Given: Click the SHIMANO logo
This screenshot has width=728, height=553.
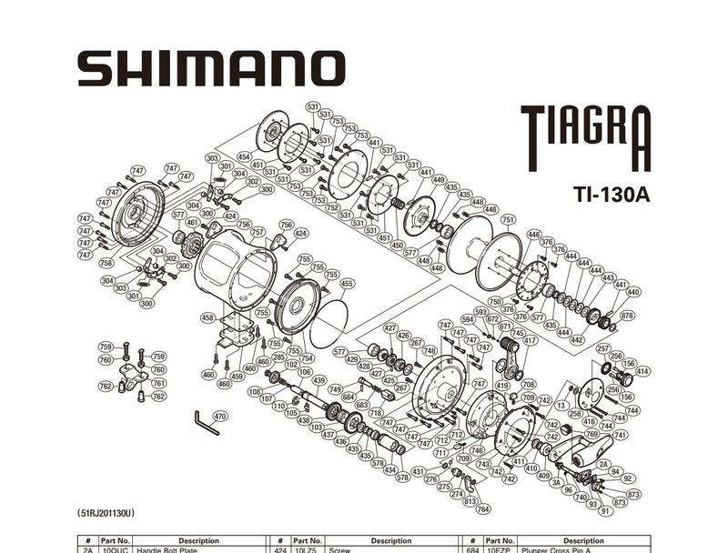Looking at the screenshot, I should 211,68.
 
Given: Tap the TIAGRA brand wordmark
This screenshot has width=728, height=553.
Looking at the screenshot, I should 586,136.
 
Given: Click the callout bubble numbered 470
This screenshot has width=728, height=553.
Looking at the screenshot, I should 219,417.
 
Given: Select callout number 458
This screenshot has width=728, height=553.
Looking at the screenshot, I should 207,318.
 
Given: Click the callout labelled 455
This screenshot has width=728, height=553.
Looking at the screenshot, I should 346,284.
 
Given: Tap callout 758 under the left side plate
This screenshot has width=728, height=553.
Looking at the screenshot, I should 106,264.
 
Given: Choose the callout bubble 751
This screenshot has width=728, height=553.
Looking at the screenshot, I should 508,219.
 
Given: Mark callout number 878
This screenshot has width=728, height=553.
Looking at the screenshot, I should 627,316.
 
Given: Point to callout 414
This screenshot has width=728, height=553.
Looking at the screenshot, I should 642,371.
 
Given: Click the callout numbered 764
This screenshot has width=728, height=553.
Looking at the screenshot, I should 482,508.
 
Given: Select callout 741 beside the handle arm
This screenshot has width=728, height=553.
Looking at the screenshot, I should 621,436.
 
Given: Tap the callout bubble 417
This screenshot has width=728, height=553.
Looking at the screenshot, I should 531,340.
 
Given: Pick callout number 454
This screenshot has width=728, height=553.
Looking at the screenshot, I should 243,156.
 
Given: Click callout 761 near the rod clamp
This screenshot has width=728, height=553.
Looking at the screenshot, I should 158,383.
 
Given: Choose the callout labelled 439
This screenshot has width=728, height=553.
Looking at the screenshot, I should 318,380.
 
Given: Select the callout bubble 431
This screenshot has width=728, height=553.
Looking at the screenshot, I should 418,471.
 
